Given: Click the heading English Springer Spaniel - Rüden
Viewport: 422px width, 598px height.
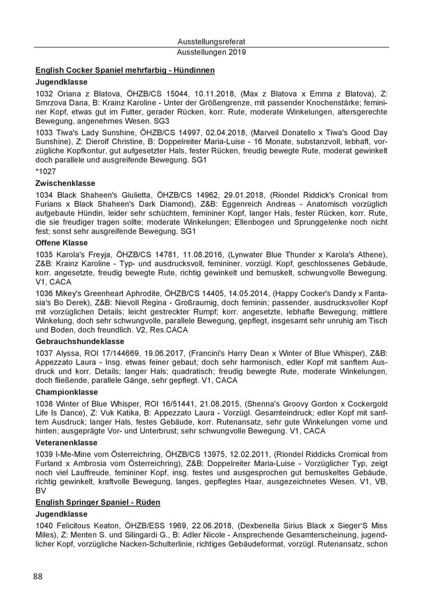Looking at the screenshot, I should tap(98, 502).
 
